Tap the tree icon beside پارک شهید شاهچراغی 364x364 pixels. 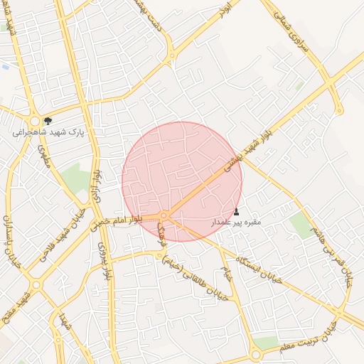[48, 121]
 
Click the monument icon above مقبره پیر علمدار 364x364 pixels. [237, 211]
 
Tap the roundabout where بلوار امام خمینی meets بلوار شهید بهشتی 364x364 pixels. [164, 214]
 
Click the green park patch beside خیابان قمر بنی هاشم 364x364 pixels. [302, 226]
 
